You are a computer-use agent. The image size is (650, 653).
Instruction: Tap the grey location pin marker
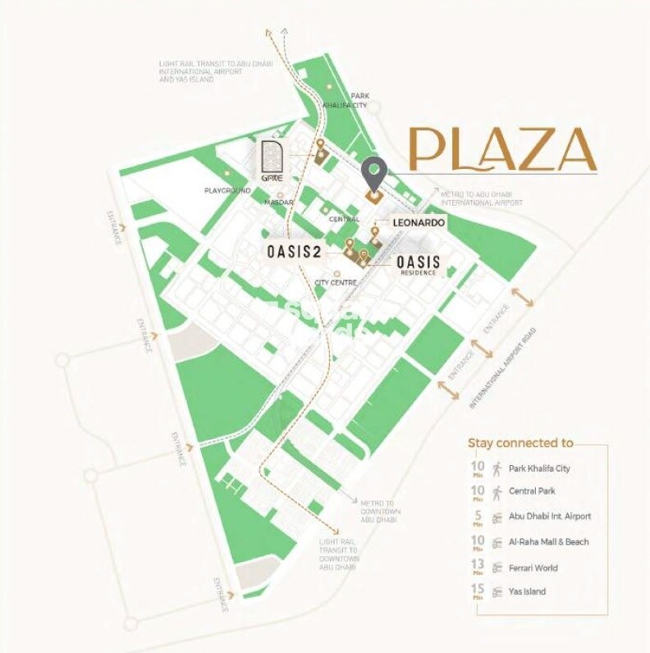tap(373, 174)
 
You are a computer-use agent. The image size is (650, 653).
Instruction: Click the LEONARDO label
tap(418, 222)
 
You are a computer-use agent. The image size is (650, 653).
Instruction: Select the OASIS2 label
tap(293, 251)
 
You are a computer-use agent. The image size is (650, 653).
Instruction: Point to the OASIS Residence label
tap(418, 265)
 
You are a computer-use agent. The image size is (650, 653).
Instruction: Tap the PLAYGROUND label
tap(227, 190)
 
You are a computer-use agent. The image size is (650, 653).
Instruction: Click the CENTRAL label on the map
tap(344, 219)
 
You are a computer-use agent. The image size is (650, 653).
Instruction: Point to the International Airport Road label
tap(503, 370)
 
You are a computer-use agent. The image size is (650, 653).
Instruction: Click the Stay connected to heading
tap(520, 443)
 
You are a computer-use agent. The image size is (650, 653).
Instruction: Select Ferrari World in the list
tap(533, 567)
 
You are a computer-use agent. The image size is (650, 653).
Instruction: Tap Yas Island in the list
tap(527, 591)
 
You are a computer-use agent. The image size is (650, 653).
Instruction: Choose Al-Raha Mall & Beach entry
tap(548, 542)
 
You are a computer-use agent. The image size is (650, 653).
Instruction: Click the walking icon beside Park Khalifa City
tap(497, 468)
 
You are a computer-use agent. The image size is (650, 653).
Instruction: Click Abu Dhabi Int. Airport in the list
tap(549, 517)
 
